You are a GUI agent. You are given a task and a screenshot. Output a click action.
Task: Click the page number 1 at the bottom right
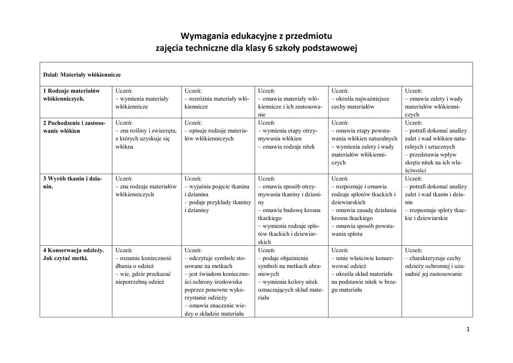pyautogui.click(x=467, y=329)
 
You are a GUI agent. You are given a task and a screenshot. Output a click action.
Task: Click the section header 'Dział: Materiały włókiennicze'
pyautogui.click(x=82, y=75)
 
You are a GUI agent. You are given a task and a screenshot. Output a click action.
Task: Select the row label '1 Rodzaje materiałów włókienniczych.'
pyautogui.click(x=72, y=95)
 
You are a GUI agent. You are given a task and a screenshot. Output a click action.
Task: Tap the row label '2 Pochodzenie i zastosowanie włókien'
pyautogui.click(x=74, y=127)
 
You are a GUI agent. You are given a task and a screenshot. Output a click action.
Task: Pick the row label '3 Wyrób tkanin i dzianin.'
pyautogui.click(x=72, y=182)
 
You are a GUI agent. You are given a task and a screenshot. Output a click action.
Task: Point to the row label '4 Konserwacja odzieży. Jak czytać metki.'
pyautogui.click(x=73, y=254)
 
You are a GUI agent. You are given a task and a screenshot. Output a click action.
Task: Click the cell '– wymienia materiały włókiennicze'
pyautogui.click(x=142, y=103)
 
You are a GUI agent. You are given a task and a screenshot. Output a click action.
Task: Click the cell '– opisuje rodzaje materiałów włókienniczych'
pyautogui.click(x=216, y=135)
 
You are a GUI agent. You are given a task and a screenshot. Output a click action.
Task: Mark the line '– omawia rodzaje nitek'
pyautogui.click(x=286, y=147)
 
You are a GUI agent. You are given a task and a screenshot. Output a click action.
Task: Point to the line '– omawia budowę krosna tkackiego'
pyautogui.click(x=290, y=214)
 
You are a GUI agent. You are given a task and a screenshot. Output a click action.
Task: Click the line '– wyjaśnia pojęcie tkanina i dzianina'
pyautogui.click(x=216, y=190)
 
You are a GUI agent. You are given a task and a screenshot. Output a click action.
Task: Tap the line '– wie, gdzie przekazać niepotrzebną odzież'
pyautogui.click(x=143, y=278)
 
